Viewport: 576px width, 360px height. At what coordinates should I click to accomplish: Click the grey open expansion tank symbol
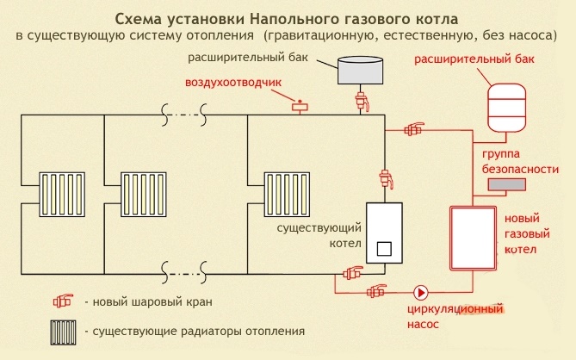pyautogui.click(x=360, y=70)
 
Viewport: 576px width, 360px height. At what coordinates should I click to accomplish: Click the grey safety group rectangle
pyautogui.click(x=507, y=184)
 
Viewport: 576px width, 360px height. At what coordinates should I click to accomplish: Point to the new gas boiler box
pyautogui.click(x=472, y=237)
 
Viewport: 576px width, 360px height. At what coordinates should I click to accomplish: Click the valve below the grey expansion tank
pyautogui.click(x=361, y=102)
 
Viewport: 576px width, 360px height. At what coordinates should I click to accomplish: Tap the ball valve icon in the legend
pyautogui.click(x=63, y=302)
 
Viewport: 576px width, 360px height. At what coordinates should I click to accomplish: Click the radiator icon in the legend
pyautogui.click(x=63, y=330)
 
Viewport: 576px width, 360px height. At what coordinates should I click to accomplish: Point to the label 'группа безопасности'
pyautogui.click(x=515, y=161)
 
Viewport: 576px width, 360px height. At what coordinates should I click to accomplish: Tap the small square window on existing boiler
pyautogui.click(x=384, y=249)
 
